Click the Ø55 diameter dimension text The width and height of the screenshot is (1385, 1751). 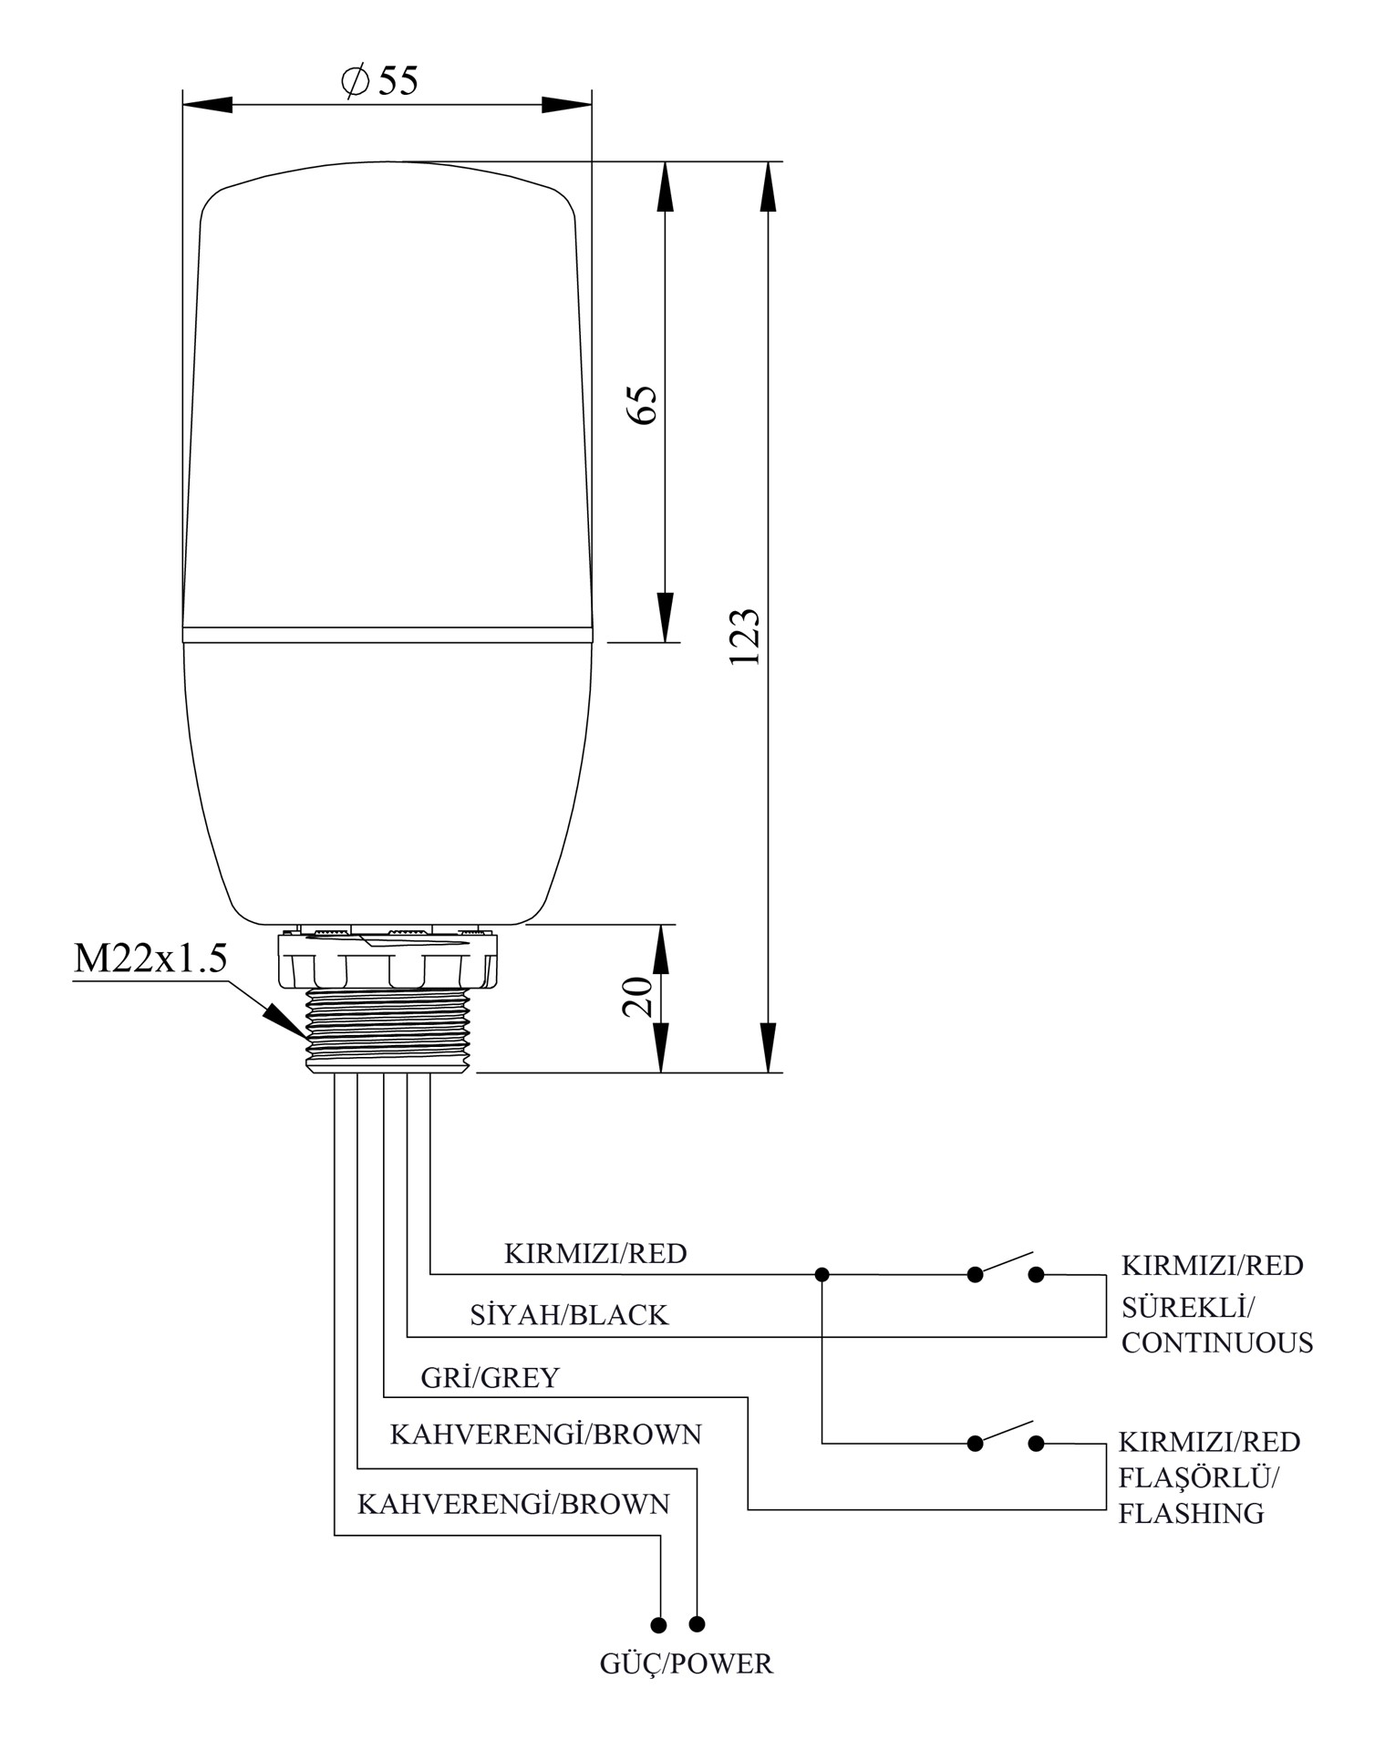[379, 81]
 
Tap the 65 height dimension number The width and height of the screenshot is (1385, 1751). [642, 403]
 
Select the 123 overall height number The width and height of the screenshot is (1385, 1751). [745, 636]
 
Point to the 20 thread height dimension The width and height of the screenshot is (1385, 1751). [638, 997]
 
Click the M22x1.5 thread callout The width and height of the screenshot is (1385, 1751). [150, 958]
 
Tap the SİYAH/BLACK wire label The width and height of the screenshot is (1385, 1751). [569, 1314]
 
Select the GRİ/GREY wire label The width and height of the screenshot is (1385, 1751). [490, 1377]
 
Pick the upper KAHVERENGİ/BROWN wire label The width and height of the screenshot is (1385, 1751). [545, 1435]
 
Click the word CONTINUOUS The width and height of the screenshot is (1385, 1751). [1216, 1342]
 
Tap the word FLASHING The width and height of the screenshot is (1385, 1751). [1191, 1514]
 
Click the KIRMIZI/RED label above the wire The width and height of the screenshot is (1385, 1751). [595, 1253]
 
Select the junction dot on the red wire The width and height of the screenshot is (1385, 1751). [822, 1274]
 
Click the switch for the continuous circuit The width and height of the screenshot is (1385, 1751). [1005, 1266]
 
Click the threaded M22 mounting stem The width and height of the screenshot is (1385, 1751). [390, 1031]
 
